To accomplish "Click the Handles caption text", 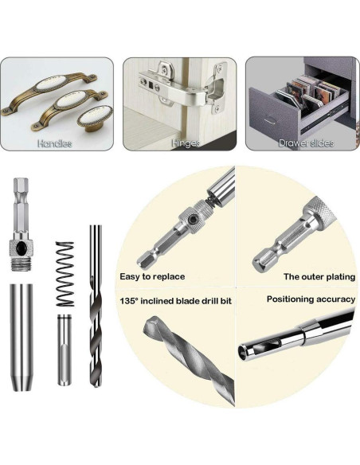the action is point(55,143).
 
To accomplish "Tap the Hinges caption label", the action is point(186,143).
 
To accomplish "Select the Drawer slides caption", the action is point(307,143).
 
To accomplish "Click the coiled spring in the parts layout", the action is point(65,274).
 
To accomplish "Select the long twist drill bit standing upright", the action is point(96,306).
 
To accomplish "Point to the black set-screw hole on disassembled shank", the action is point(22,247).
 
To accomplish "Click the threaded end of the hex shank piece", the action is point(22,264).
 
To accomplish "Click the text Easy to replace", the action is point(152,276).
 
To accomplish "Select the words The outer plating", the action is point(319,276).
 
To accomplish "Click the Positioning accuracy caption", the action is point(311,299).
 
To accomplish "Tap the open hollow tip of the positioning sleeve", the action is point(244,352).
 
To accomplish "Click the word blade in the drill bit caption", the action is point(187,301).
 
